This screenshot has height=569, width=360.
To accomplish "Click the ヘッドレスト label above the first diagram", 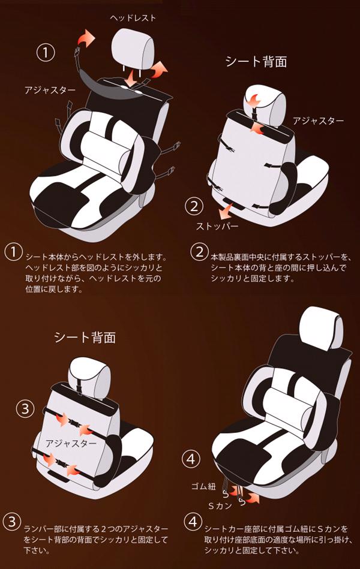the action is click(x=133, y=18).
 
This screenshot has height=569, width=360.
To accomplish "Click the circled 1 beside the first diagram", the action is click(x=46, y=53).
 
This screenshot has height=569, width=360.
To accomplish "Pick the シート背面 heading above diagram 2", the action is click(x=256, y=61).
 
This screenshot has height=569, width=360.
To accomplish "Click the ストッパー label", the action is click(x=217, y=226).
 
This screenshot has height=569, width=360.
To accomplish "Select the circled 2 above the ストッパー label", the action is click(x=194, y=206).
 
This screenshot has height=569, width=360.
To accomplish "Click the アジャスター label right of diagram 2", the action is click(x=318, y=121).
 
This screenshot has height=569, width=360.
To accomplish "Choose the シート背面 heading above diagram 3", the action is click(x=85, y=337).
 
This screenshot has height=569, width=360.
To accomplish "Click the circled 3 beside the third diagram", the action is click(x=25, y=409).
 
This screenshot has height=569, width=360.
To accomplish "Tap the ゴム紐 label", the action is click(x=203, y=486).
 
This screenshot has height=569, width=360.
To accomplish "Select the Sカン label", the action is click(x=220, y=506).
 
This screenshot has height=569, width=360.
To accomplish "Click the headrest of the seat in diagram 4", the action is click(x=321, y=328).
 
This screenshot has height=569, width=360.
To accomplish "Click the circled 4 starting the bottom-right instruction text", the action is click(x=193, y=522).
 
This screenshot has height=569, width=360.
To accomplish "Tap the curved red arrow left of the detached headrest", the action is click(x=85, y=38).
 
